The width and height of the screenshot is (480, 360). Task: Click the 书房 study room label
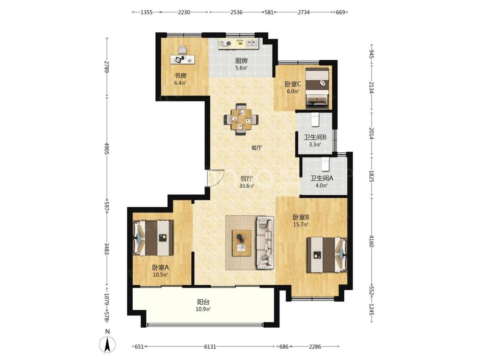pos(180,75)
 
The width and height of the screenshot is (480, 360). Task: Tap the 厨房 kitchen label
pos(241,61)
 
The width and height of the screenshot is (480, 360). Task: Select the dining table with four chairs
pos(241,119)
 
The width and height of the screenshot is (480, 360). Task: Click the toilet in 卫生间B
pos(315,119)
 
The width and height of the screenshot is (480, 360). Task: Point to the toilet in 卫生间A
pos(325,164)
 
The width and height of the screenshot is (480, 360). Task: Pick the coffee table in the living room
pos(242,243)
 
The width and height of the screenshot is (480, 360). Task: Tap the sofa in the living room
pos(265,242)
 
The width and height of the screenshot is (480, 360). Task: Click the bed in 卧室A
pos(153,238)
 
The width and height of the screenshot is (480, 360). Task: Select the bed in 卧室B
pos(327,255)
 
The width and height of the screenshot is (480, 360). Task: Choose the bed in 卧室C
pos(317,88)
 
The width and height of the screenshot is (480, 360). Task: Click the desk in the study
pos(183,59)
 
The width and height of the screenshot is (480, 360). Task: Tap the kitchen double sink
pos(252,43)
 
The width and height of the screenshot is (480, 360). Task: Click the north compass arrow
pos(108,344)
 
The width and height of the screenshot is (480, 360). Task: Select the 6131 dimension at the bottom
pos(210,346)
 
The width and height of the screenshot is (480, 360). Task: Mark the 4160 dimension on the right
pos(371,241)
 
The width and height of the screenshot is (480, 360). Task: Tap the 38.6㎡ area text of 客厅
pos(247,186)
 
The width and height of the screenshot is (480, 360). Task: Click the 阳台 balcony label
pos(203,302)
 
